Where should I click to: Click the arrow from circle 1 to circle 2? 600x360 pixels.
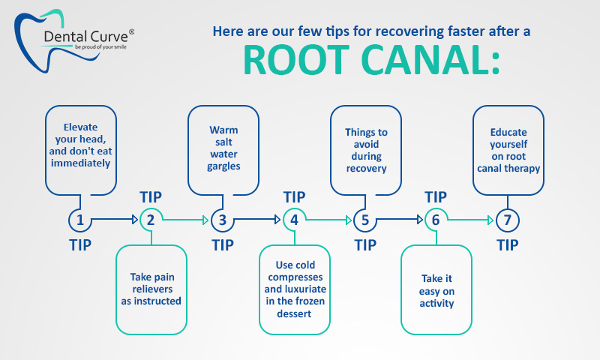[x=115, y=220]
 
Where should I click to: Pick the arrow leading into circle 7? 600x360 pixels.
[x=471, y=220]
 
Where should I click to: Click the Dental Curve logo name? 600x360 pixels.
[x=85, y=37]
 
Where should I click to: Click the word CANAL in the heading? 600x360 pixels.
[x=424, y=60]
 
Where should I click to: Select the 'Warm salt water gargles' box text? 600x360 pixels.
[x=223, y=148]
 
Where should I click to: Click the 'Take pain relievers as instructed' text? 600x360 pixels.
[x=151, y=289]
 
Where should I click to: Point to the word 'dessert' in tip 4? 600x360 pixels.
[x=294, y=313]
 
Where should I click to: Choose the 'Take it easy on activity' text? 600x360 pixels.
[x=436, y=291]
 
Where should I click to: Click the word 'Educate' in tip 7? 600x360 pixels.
[x=508, y=132]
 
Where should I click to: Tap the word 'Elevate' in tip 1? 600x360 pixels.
[x=80, y=127]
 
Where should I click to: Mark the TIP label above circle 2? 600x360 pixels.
[x=151, y=197]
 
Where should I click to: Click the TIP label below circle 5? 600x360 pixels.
[x=365, y=245]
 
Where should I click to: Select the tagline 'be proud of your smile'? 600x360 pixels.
[x=100, y=47]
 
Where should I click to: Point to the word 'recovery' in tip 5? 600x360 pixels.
[x=366, y=168]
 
